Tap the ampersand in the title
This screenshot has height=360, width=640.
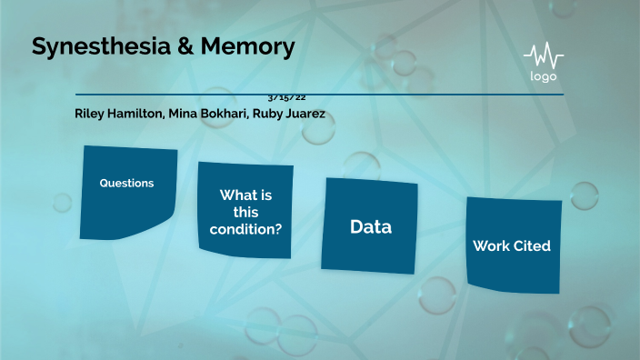182,47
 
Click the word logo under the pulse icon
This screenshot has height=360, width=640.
544,76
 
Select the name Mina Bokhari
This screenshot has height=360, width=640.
202,114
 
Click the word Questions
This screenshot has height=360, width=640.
126,183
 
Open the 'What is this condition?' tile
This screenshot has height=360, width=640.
245,210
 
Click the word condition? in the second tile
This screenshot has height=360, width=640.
245,229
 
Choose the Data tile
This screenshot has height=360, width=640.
370,225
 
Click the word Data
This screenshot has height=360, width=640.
371,227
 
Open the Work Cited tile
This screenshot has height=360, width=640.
513,245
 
